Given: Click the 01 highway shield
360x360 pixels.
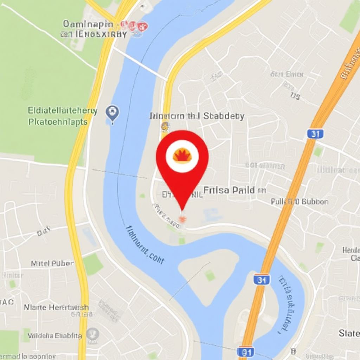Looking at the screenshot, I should click(x=245, y=352).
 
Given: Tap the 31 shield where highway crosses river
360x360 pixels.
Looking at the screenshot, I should click(x=261, y=280).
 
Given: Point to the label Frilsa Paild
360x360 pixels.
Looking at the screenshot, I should click(x=229, y=191).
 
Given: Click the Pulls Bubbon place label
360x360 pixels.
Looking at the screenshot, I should click(x=300, y=201).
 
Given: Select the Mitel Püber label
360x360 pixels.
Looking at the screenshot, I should click(x=52, y=263).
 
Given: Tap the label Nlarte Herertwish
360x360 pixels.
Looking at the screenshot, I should click(x=56, y=307).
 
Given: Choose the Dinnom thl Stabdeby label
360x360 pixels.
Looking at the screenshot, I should click(x=197, y=116).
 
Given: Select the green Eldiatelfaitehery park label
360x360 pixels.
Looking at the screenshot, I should click(x=62, y=111).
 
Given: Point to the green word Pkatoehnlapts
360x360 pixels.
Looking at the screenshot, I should click(x=58, y=122).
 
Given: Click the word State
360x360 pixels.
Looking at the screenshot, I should click(x=349, y=333).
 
